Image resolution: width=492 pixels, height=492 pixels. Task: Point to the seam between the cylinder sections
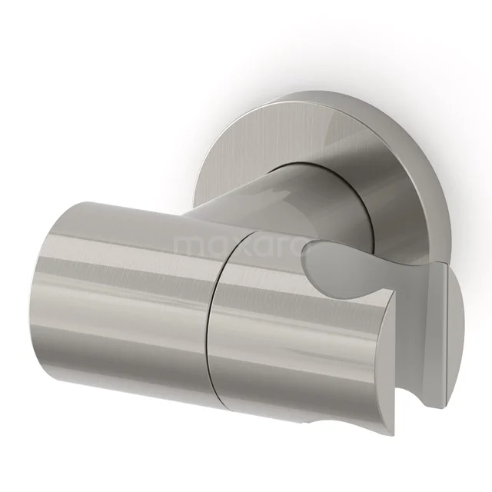[x=211, y=307]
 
